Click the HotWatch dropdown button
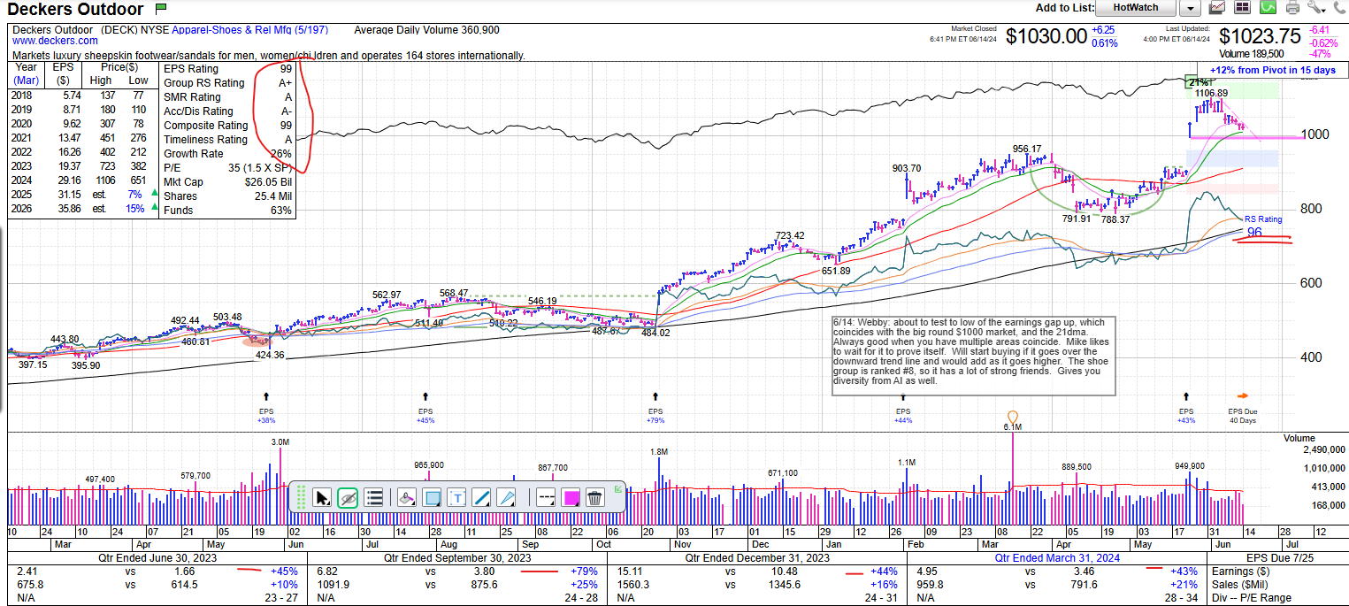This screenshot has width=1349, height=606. [x=1135, y=8]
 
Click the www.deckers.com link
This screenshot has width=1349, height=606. [x=55, y=41]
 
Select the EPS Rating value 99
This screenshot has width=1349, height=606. [x=285, y=69]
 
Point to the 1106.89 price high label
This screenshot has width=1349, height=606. [x=1211, y=93]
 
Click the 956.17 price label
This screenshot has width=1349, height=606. [x=1027, y=149]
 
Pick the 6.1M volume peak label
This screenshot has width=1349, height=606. [x=1013, y=426]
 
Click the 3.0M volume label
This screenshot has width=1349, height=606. [x=280, y=441]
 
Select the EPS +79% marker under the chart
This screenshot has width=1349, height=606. [x=655, y=416]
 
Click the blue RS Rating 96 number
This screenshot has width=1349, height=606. [x=1254, y=233]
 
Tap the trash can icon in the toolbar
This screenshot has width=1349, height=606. [x=594, y=498]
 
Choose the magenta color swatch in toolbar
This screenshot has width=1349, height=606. [x=571, y=498]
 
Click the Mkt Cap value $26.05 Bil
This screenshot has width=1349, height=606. [x=269, y=182]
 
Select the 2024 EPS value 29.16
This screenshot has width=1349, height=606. [x=62, y=180]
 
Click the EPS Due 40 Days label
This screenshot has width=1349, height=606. [x=1242, y=416]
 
